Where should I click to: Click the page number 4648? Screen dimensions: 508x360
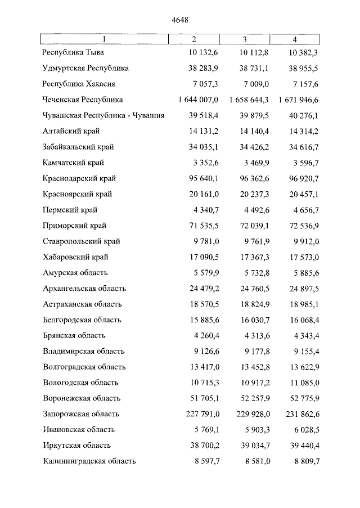pos(179,20)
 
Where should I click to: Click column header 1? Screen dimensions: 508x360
pos(103,39)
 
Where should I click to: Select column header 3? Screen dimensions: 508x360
pos(245,39)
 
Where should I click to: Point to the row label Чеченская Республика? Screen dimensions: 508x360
pos(83,100)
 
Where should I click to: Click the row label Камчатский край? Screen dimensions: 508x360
pos(73,163)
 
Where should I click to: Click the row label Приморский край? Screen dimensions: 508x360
pos(74,226)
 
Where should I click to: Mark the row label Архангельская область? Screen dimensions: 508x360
pos(84,289)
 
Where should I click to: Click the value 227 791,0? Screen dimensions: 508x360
pos(203,414)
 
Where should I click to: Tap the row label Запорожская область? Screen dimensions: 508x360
pos(81,414)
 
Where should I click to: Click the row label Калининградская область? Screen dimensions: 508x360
pos(89,461)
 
